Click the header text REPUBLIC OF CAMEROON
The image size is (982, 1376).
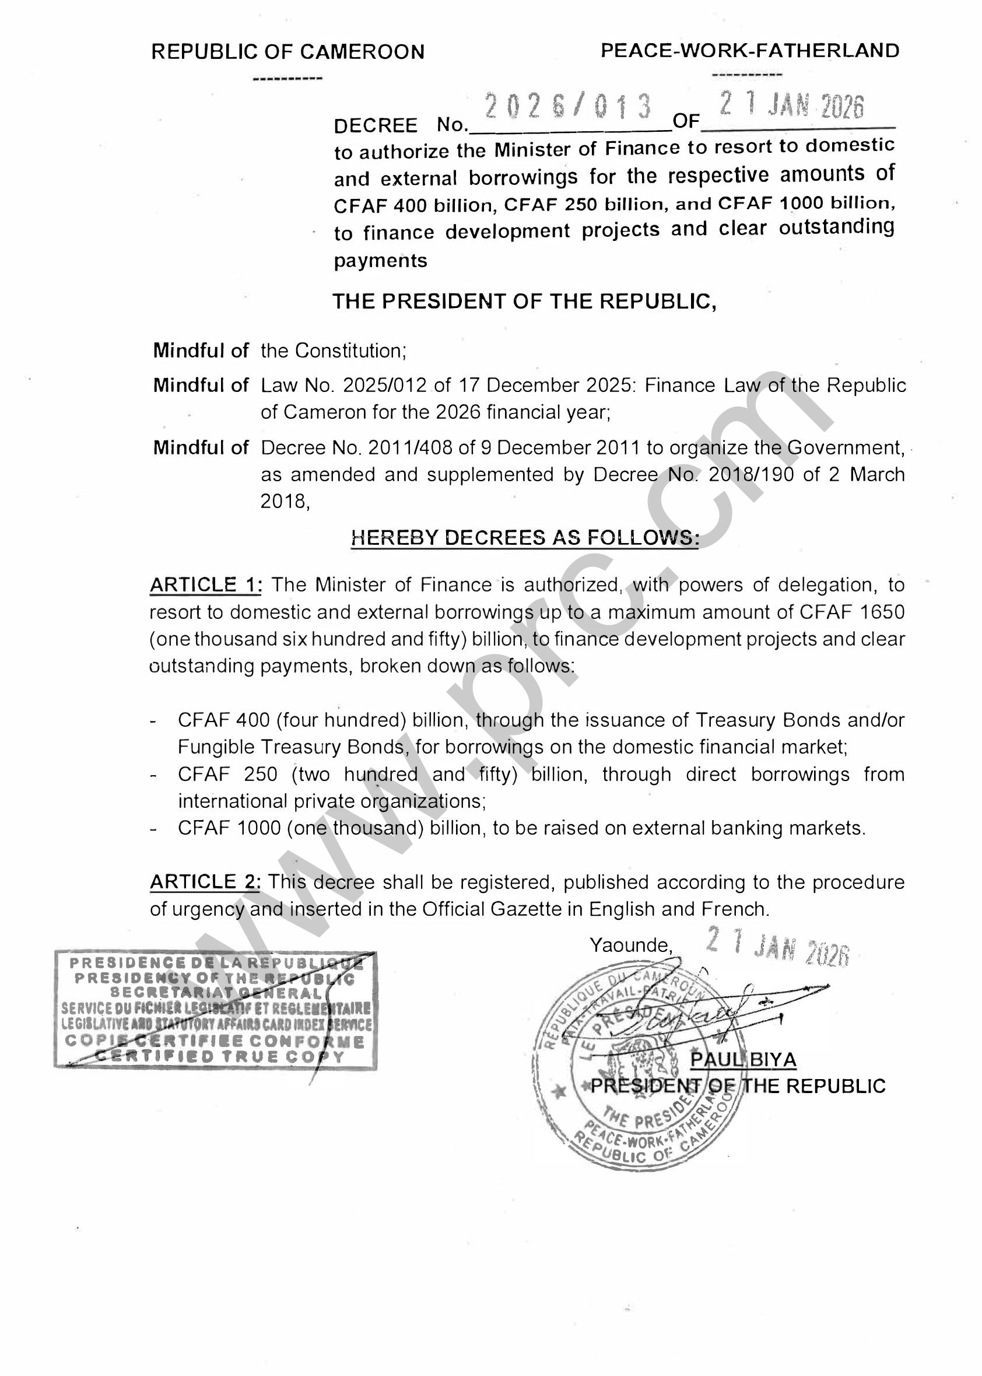288,52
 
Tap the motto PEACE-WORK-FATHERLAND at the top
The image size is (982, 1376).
750,51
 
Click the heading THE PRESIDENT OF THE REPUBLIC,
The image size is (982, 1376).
524,301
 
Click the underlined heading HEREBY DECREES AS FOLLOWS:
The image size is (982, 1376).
525,537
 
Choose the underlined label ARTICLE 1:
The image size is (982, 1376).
206,585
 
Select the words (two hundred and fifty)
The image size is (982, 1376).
404,774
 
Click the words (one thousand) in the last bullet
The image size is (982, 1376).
356,828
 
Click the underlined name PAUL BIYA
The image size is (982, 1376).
743,1060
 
